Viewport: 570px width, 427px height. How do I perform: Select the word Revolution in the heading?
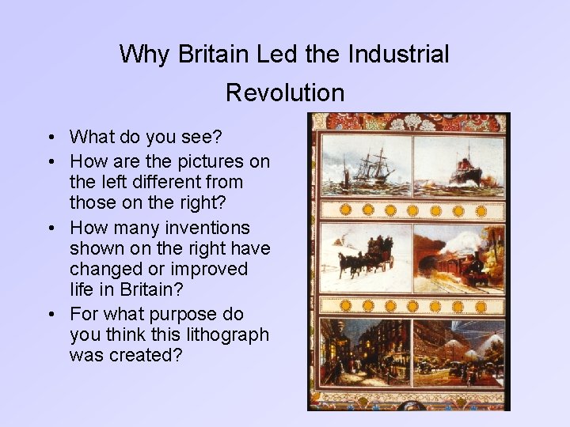(285, 93)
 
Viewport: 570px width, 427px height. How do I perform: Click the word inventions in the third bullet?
(211, 228)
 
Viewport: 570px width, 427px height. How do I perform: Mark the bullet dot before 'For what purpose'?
(50, 315)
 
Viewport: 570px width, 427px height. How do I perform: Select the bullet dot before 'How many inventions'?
(50, 229)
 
